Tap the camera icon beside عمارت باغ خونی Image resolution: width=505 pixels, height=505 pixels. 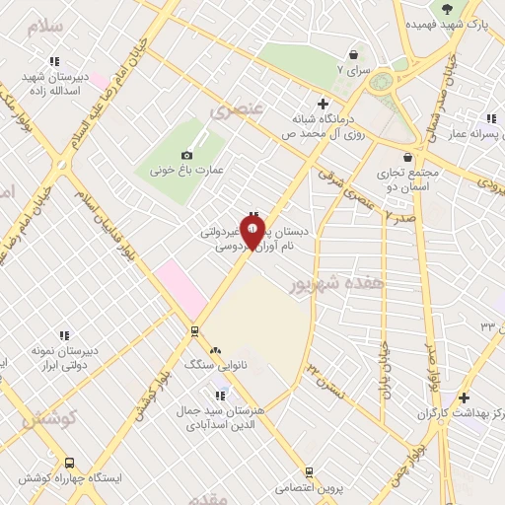pos(187,155)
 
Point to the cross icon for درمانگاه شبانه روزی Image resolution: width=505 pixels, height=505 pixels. pos(322,104)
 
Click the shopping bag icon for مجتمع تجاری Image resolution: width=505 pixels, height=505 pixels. pos(408,156)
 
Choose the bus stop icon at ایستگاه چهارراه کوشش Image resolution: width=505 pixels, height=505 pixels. pos(69,462)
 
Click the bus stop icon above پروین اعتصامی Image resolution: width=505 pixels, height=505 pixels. pos(309,472)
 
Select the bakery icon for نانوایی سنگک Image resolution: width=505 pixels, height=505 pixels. pos(215,349)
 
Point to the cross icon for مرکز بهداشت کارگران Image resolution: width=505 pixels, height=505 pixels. pos(464,397)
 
